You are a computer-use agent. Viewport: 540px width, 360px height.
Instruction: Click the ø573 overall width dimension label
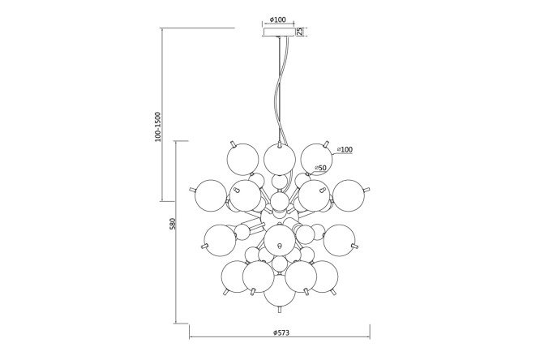[x=281, y=332]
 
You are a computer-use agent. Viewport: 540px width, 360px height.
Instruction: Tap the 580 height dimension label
[x=173, y=223]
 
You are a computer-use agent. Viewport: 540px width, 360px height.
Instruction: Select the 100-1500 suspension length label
[x=158, y=126]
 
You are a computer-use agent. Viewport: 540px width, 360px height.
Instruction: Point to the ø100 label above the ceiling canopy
[x=277, y=19]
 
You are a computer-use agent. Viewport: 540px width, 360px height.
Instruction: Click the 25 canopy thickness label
[x=300, y=32]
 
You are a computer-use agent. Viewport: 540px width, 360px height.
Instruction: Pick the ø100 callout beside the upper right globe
[x=345, y=149]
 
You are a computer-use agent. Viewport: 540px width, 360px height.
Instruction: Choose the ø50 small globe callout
[x=320, y=168]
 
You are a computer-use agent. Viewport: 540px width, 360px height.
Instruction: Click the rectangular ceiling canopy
[x=279, y=32]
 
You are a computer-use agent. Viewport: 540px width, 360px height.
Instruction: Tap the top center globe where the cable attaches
[x=280, y=160]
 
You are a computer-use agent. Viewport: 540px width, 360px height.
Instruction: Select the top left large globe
[x=242, y=160]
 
